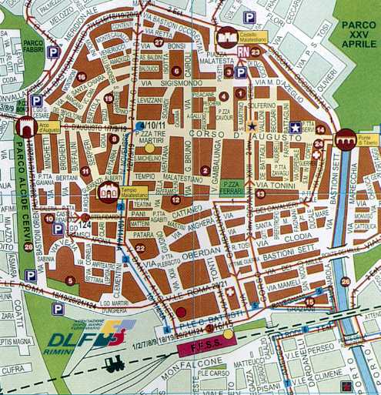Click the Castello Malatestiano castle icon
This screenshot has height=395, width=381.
coord(228,35)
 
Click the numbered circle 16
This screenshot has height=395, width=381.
coord(82,76)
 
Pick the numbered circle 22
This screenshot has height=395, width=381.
coord(139,247)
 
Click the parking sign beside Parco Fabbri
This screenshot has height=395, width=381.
coord(52,52)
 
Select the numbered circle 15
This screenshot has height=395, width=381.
coord(309,301)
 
